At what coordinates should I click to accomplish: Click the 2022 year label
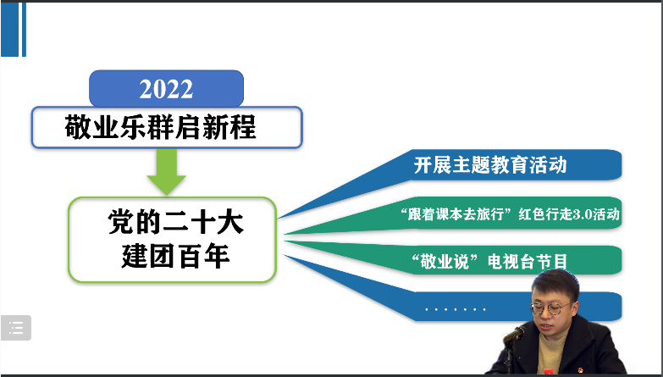[166, 89]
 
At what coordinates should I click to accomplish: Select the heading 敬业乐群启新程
[160, 127]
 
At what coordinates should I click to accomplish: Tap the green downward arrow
[166, 172]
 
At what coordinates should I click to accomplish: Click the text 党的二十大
[175, 222]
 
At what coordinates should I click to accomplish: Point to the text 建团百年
[175, 256]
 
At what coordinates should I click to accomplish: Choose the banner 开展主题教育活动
[490, 165]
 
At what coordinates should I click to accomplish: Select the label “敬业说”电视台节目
[489, 262]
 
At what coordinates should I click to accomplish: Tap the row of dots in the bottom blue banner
[455, 309]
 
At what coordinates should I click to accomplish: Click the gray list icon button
[15, 328]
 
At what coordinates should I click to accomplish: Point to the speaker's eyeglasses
[552, 308]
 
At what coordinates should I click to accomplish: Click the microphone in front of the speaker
[514, 335]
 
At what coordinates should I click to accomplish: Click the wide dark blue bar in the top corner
[9, 29]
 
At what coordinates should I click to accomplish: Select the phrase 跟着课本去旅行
[456, 214]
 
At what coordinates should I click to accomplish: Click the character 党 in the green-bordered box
[121, 222]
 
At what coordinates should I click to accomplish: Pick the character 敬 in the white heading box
[78, 127]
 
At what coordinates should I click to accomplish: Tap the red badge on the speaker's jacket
[549, 371]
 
